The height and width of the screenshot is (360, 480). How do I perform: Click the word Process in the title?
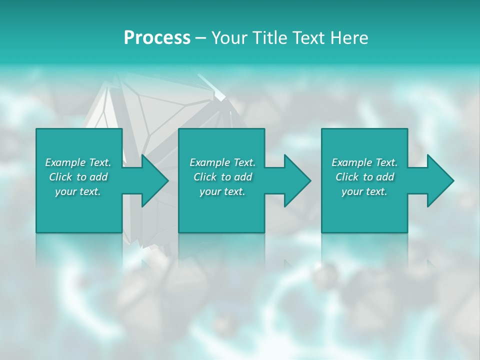(x=157, y=38)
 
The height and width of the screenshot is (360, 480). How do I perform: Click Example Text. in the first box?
(x=78, y=162)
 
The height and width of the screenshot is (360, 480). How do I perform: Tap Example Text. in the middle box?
(x=222, y=162)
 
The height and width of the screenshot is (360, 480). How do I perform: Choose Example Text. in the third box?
(x=364, y=162)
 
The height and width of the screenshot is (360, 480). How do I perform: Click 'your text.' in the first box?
(x=78, y=191)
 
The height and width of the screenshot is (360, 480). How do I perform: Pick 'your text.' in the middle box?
(x=222, y=191)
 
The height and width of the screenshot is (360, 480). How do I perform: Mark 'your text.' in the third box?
(x=364, y=191)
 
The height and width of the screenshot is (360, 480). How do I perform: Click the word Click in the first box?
(x=60, y=177)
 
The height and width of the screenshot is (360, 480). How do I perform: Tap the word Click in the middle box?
(x=205, y=177)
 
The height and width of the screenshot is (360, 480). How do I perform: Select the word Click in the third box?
(x=347, y=177)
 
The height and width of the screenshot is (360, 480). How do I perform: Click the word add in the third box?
(x=385, y=177)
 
